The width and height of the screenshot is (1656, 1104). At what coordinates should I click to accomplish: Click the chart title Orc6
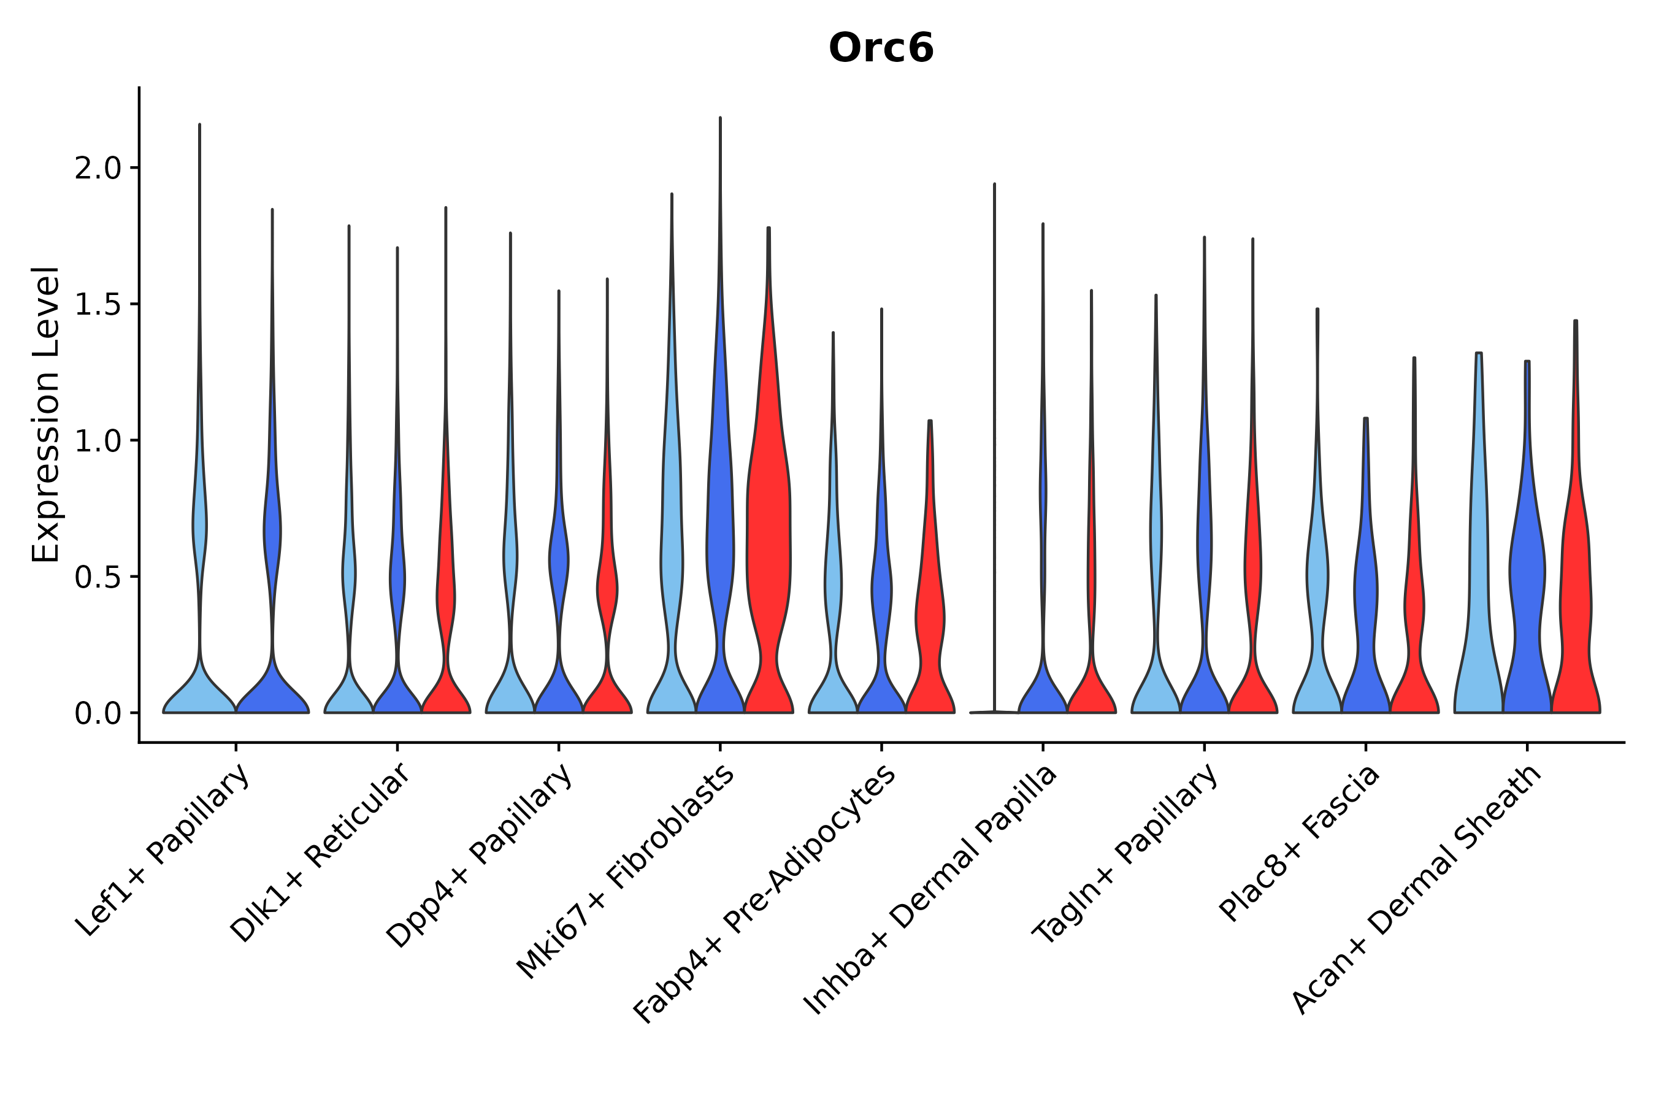click(881, 48)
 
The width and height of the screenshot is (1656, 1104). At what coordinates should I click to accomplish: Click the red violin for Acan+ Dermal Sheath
click(1576, 599)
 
